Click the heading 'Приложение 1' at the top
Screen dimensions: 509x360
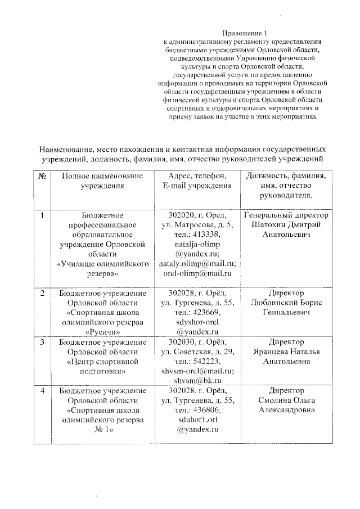pyautogui.click(x=242, y=33)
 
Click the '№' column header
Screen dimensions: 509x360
pyautogui.click(x=43, y=176)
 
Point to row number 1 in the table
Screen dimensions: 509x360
pyautogui.click(x=43, y=215)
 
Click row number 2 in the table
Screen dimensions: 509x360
pyautogui.click(x=43, y=293)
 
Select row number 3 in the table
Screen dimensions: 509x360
pyautogui.click(x=43, y=341)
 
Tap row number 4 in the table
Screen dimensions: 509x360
pyautogui.click(x=43, y=390)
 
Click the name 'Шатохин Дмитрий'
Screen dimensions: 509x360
pyautogui.click(x=287, y=225)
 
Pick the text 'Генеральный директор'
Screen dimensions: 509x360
pyautogui.click(x=287, y=215)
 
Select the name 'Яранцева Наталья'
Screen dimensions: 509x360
pyautogui.click(x=287, y=351)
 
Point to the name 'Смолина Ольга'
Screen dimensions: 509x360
pyautogui.click(x=287, y=399)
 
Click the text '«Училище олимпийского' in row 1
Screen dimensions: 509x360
pyautogui.click(x=102, y=263)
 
